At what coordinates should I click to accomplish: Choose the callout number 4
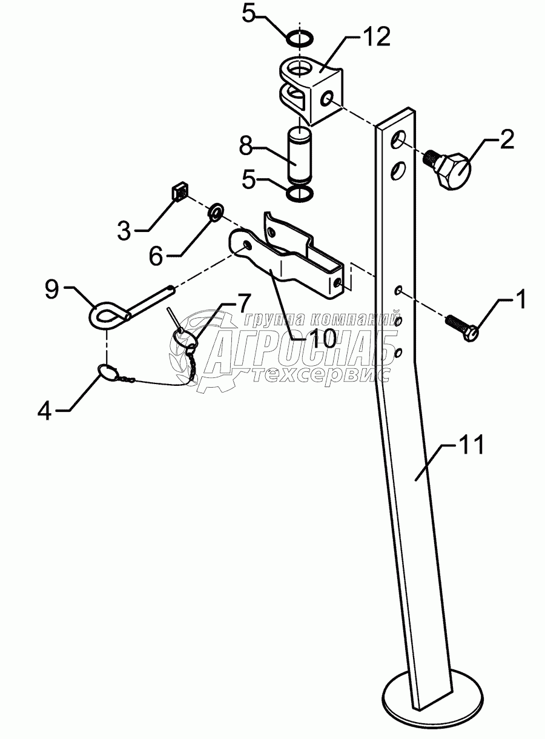pyautogui.click(x=45, y=411)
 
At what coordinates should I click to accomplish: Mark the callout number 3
pyautogui.click(x=124, y=230)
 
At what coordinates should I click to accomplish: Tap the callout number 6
pyautogui.click(x=156, y=256)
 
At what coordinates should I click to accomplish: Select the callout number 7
pyautogui.click(x=242, y=301)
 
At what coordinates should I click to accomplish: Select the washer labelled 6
pyautogui.click(x=216, y=212)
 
